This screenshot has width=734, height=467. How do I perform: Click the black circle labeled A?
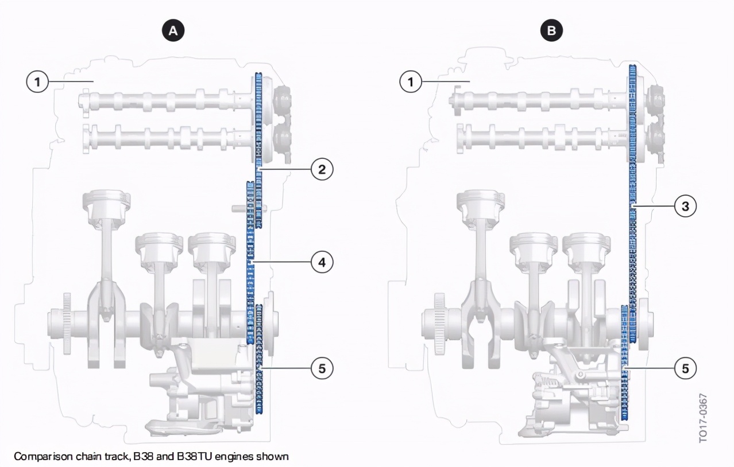coord(173,30)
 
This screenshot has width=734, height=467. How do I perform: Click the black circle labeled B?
coord(551,30)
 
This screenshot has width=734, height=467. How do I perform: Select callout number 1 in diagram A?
coord(37,81)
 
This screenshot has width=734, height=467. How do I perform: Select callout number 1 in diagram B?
coord(411,81)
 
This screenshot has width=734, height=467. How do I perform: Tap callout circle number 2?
coord(322,169)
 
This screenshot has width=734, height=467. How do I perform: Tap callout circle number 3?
coord(686,206)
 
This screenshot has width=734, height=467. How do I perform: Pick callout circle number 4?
coord(322,262)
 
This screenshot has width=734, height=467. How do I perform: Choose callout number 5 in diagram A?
coord(322,368)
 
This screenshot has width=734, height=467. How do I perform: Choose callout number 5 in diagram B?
coord(686,368)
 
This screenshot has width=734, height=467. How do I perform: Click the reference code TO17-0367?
coord(704,418)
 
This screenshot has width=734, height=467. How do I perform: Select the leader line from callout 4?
coord(281,262)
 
